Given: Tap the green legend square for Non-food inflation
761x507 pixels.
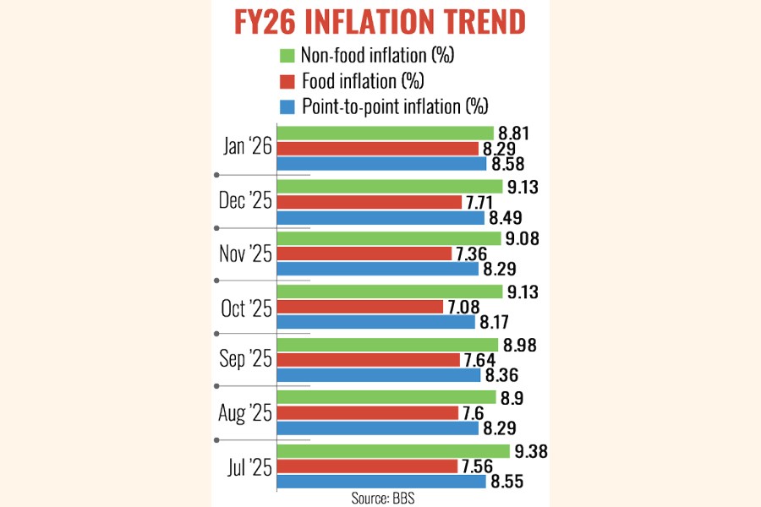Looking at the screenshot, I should click(286, 57).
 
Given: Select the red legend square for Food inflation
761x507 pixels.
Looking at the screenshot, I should click(286, 81).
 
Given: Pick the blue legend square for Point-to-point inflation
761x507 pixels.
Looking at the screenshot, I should click(286, 106).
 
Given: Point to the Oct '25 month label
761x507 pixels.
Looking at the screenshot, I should click(246, 308).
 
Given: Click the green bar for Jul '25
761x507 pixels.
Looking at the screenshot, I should click(393, 451).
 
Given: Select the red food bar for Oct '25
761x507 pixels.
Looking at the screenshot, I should click(360, 307).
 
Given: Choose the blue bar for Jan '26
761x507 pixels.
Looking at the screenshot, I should click(381, 163).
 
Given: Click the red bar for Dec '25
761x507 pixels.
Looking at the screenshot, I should click(370, 202).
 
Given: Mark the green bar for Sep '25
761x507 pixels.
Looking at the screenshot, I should click(388, 345).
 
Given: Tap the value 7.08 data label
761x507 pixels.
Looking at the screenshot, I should click(468, 307).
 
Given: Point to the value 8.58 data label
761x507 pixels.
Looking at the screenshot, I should click(510, 163).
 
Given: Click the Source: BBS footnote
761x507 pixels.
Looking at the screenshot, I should click(383, 499).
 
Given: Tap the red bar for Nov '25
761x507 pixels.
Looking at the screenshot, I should click(364, 254).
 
